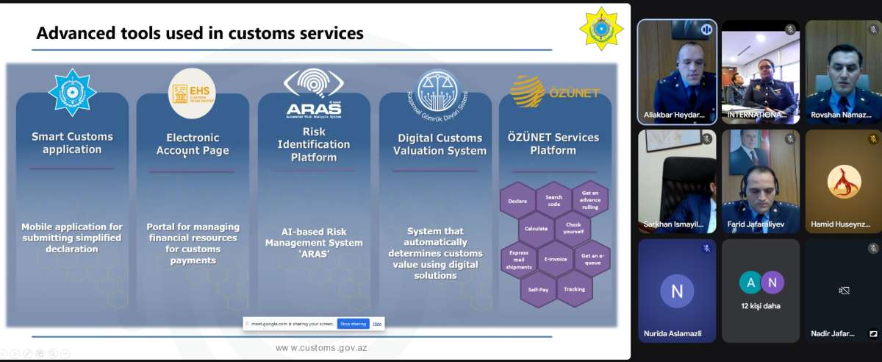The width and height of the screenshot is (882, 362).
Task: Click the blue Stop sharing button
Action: pyautogui.click(x=353, y=324)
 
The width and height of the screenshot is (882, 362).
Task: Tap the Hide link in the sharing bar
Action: pyautogui.click(x=377, y=324)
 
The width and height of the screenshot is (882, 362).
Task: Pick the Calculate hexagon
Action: pyautogui.click(x=536, y=229)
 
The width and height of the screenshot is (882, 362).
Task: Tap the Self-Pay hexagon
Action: pyautogui.click(x=538, y=290)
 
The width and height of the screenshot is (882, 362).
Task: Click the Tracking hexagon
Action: pyautogui.click(x=574, y=289)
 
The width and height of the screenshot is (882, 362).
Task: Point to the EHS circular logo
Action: pyautogui.click(x=192, y=93)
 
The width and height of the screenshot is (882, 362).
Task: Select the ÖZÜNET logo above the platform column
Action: pyautogui.click(x=555, y=92)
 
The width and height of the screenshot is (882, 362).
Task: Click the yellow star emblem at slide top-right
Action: pyautogui.click(x=600, y=29)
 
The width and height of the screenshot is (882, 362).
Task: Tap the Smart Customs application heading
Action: pyautogui.click(x=72, y=143)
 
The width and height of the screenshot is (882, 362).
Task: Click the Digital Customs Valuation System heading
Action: pyautogui.click(x=440, y=144)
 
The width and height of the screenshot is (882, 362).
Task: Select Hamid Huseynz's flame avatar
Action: pyautogui.click(x=844, y=182)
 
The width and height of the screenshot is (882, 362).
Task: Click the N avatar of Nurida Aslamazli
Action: pyautogui.click(x=677, y=291)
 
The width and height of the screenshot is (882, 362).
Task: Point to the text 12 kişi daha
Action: pyautogui.click(x=761, y=305)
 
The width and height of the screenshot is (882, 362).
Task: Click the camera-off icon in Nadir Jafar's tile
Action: pyautogui.click(x=844, y=291)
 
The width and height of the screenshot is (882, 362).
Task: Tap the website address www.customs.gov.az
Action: pyautogui.click(x=321, y=347)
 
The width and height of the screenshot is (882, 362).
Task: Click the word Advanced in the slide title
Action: pyautogui.click(x=74, y=33)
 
